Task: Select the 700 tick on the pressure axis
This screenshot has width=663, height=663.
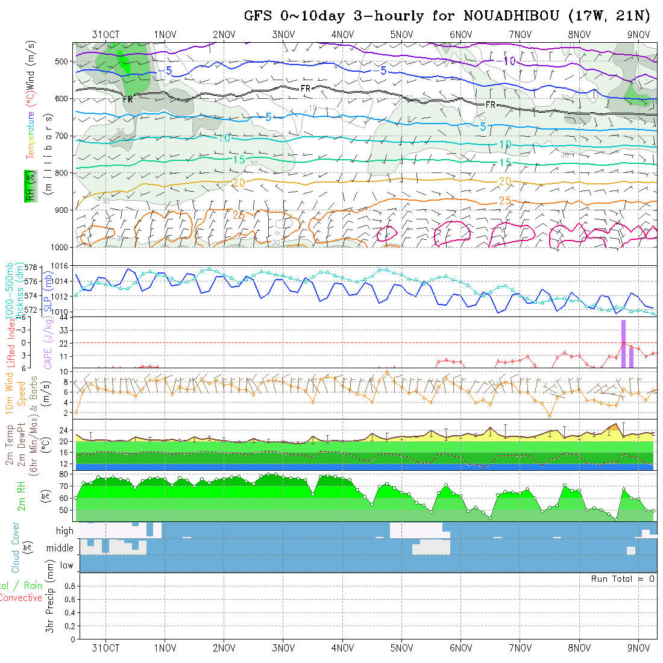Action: tap(63, 136)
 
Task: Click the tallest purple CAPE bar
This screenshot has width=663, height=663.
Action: tap(623, 344)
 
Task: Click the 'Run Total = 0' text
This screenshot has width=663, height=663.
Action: tap(623, 579)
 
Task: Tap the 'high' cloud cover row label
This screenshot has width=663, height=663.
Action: tap(64, 531)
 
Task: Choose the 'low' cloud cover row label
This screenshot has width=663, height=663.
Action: tap(66, 565)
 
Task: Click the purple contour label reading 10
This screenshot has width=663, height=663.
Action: tap(509, 61)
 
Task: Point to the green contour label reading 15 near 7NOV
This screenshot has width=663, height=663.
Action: tap(505, 163)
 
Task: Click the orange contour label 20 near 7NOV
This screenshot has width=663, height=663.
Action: tap(505, 181)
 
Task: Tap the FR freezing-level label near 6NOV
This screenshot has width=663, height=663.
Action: tap(491, 105)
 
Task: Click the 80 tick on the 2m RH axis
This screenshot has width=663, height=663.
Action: tap(63, 474)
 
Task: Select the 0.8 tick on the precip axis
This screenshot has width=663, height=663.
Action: tap(68, 586)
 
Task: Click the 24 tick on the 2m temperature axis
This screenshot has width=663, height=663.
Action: tap(63, 430)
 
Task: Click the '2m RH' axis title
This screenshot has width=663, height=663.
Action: tap(22, 495)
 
